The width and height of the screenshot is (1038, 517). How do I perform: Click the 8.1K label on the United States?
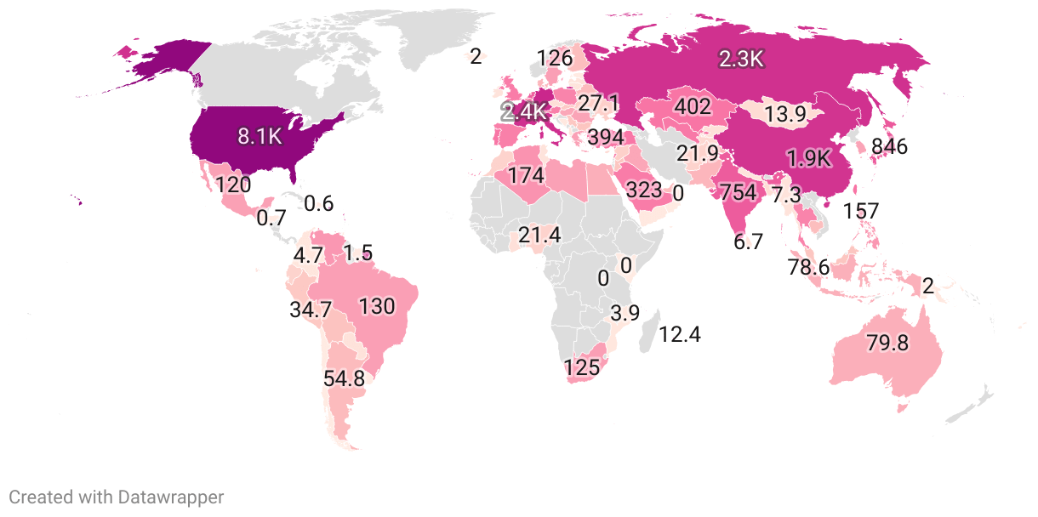coord(259,137)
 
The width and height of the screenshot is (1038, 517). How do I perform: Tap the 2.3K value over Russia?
coord(742,59)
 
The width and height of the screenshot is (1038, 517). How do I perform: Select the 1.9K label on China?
coord(809,159)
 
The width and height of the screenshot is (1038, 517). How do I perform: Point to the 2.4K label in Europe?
coord(524,111)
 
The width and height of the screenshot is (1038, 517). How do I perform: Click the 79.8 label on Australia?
coord(888,344)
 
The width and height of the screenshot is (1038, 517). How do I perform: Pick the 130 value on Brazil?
coord(377,306)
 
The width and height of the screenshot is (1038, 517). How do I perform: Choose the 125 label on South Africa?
coord(582,368)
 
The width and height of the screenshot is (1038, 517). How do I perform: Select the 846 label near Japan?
coord(889,146)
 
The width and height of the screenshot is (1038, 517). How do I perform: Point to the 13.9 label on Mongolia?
coord(785,114)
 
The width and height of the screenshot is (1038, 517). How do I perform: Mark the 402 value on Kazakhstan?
coord(692,106)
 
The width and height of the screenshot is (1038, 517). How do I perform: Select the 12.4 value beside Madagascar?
coord(680,334)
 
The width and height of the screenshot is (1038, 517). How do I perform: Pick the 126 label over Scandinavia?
coord(555,59)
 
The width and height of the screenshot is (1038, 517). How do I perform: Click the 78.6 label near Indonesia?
coord(808,267)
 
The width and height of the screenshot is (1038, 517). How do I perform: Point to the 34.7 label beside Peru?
coord(311,310)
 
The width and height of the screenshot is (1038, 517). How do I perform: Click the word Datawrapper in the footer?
coord(170,497)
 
